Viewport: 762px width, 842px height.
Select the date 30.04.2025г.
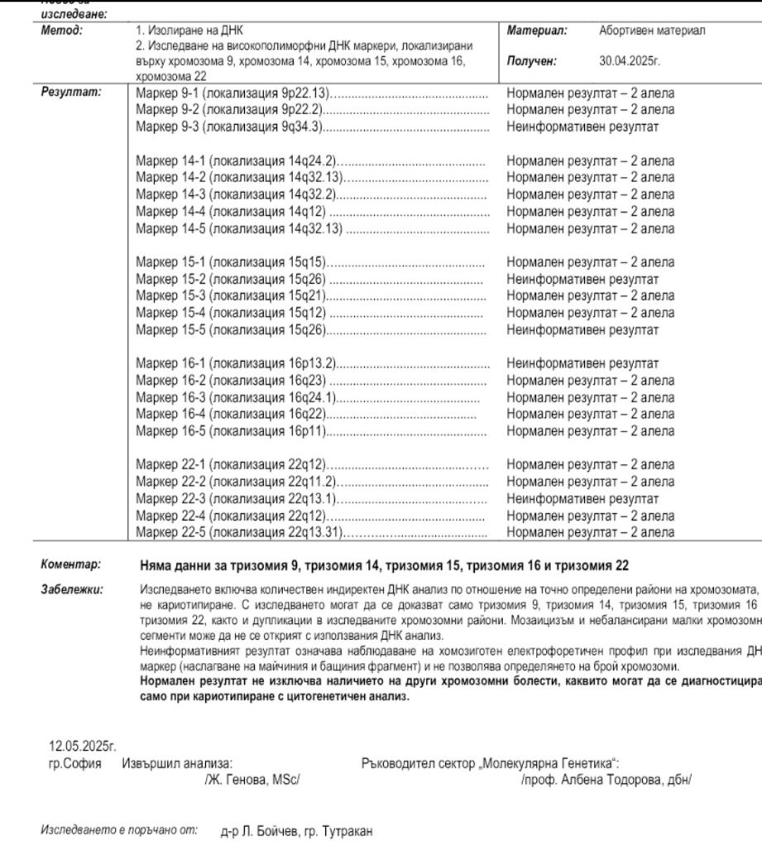pos(630,60)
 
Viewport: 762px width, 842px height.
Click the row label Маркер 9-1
pos(166,93)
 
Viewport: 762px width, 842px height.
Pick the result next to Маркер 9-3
pos(582,126)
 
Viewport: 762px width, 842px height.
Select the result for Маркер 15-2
pos(582,279)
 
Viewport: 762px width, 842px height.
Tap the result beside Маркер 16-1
pos(582,363)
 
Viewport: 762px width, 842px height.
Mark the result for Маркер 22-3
pos(582,498)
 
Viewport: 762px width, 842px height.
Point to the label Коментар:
pos(70,565)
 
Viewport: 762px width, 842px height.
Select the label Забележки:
pos(72,590)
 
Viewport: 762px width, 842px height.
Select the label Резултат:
pos(70,92)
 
